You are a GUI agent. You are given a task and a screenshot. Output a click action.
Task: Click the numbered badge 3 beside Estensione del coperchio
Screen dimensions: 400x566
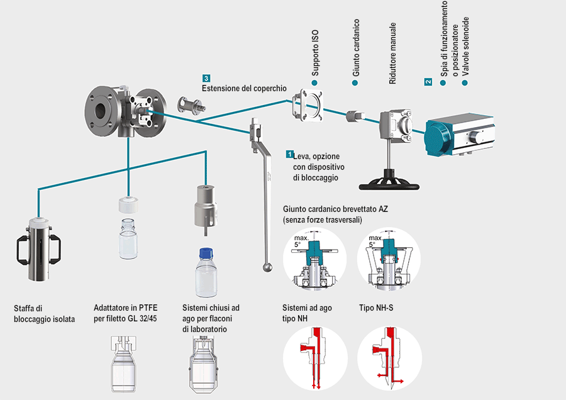(x=206, y=78)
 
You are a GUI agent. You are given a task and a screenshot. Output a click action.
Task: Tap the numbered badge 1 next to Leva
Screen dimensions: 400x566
(x=289, y=153)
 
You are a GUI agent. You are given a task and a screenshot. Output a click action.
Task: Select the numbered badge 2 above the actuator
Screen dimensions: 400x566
(x=428, y=82)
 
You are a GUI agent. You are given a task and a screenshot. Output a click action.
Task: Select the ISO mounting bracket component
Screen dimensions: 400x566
(x=308, y=104)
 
